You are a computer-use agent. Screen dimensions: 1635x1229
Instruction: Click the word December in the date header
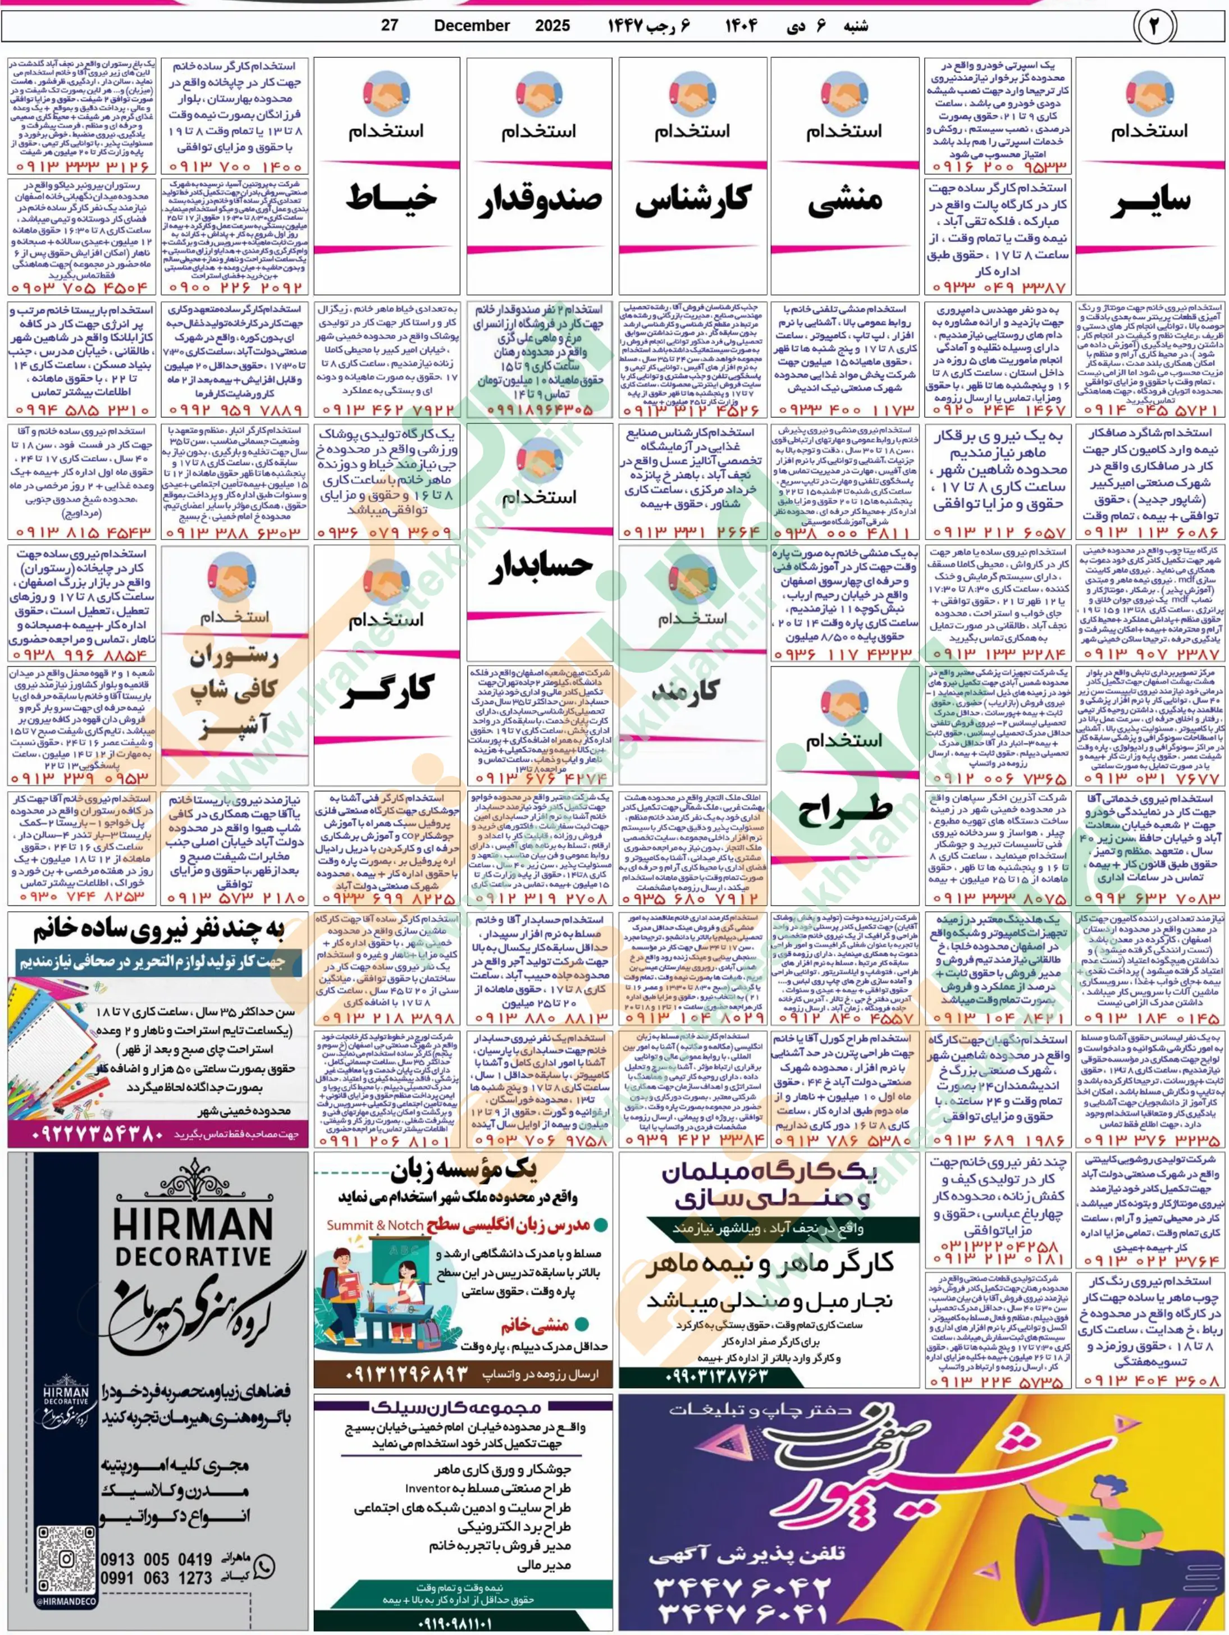[x=472, y=26]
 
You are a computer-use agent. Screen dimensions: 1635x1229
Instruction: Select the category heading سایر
[x=1150, y=201]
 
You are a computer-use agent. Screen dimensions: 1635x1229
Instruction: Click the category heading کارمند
[x=692, y=689]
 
